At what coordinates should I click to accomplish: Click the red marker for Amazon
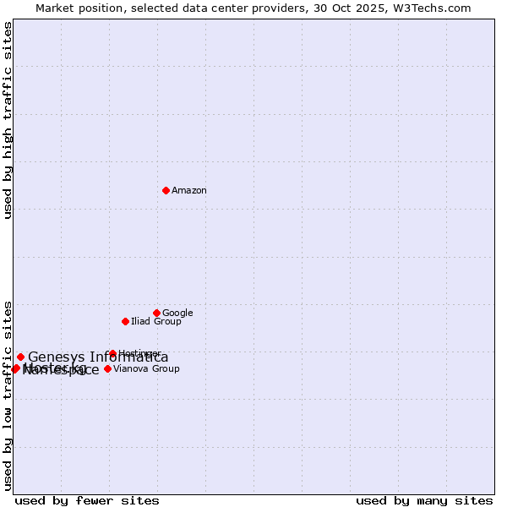pyautogui.click(x=166, y=190)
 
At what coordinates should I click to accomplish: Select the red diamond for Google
pyautogui.click(x=156, y=313)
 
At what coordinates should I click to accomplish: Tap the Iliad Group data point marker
pyautogui.click(x=125, y=321)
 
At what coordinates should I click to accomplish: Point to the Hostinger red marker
pyautogui.click(x=112, y=353)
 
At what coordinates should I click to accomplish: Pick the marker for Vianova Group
pyautogui.click(x=107, y=368)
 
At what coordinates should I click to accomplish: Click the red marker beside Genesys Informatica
pyautogui.click(x=20, y=357)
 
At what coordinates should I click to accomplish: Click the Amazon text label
pyautogui.click(x=189, y=191)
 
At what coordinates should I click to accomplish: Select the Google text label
pyautogui.click(x=177, y=313)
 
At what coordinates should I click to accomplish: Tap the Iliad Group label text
pyautogui.click(x=155, y=322)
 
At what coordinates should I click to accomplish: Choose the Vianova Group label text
pyautogui.click(x=146, y=369)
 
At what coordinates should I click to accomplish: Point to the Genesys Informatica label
pyautogui.click(x=98, y=357)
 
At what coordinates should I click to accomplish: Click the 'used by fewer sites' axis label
pyautogui.click(x=87, y=500)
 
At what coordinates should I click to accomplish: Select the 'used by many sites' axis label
pyautogui.click(x=424, y=500)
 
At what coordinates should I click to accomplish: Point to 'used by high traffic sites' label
pyautogui.click(x=8, y=120)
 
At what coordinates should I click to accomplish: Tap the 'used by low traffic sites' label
pyautogui.click(x=8, y=395)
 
